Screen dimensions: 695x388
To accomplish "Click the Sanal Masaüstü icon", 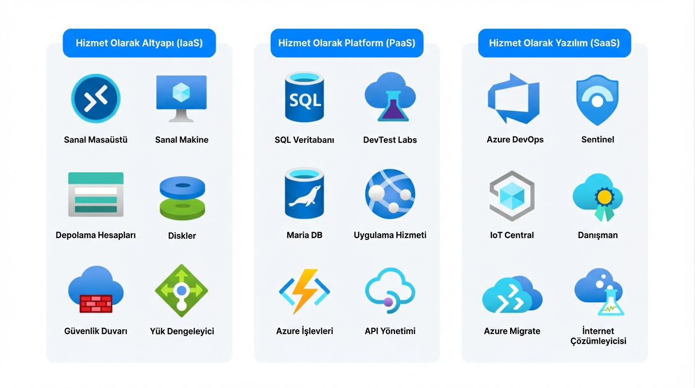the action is pos(95,99).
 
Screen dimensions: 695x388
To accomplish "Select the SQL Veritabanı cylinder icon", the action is pos(305,97).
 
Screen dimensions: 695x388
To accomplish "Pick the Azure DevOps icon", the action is pos(514,99).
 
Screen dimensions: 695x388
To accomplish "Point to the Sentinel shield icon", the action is pos(597,100).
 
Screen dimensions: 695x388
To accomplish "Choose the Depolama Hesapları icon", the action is pos(95,195).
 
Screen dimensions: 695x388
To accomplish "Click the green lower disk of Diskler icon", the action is pos(182,209).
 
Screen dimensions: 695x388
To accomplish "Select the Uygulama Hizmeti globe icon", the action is pos(390,194).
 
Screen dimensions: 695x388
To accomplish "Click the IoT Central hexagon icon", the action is pos(512,196).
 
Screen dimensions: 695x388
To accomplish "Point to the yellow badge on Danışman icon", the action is pos(605,197).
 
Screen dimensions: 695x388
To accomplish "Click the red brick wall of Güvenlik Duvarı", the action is pos(96,304).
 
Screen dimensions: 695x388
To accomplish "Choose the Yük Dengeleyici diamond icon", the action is pos(181,291).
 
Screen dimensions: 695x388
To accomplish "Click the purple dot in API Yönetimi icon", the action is pos(388,302).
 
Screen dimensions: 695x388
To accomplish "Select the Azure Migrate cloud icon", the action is pos(512,295).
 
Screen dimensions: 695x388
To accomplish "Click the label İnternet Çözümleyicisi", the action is pos(598,336).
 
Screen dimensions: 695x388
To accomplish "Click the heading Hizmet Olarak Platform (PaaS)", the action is pos(346,43).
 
